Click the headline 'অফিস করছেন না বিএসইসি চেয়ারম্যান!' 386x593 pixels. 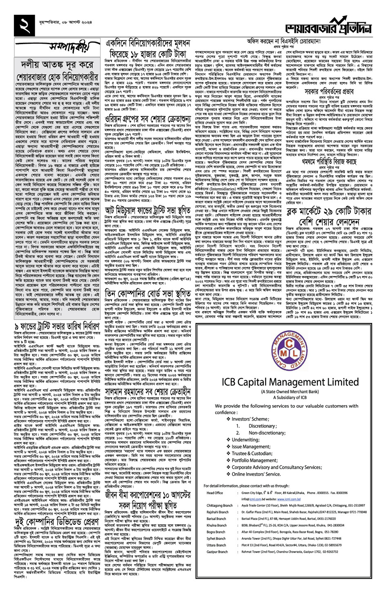click(282, 41)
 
